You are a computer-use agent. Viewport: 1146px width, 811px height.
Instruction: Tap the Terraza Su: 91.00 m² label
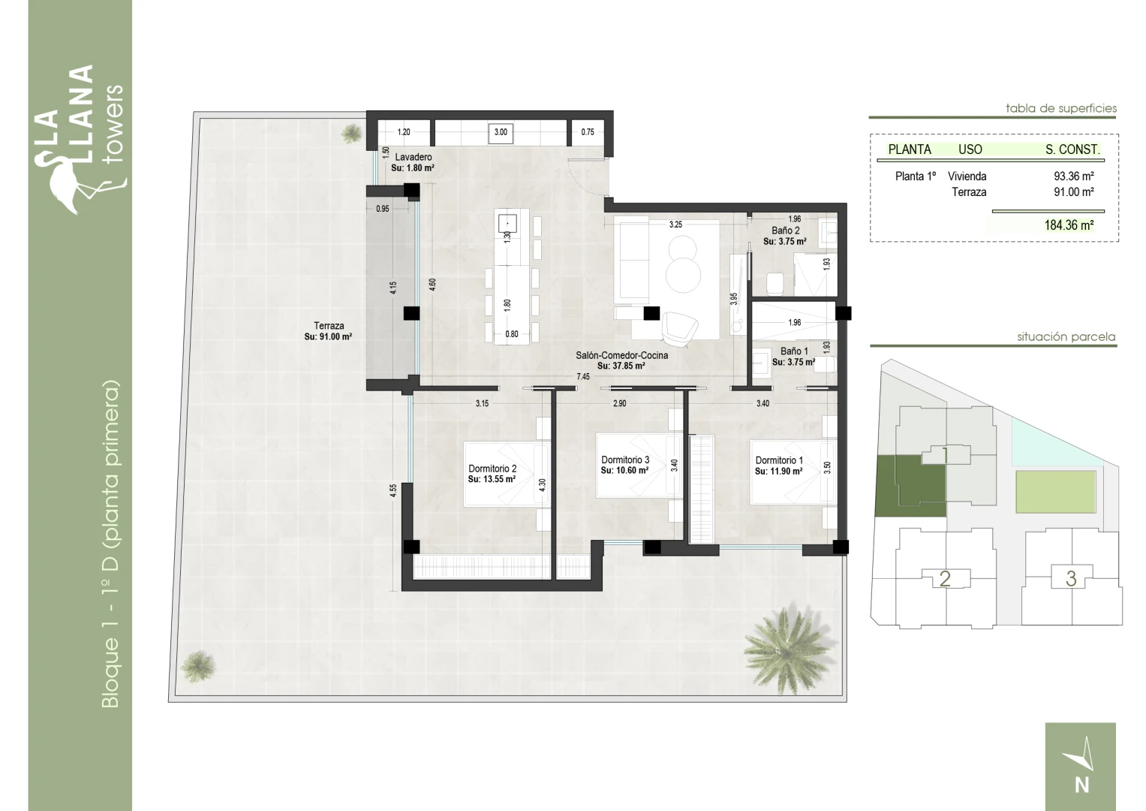(x=328, y=330)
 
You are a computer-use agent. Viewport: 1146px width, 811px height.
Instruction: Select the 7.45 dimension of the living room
(x=583, y=377)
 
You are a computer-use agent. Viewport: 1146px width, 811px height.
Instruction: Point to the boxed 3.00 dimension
(x=501, y=132)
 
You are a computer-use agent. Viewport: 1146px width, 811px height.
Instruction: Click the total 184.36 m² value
(x=1069, y=225)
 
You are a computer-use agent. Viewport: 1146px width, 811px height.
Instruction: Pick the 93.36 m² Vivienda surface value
(x=1073, y=176)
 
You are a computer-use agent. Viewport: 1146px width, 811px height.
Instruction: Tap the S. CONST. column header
(x=1072, y=149)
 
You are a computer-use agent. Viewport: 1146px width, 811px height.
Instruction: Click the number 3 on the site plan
(x=1071, y=578)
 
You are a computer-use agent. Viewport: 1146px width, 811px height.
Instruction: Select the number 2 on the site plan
(x=945, y=578)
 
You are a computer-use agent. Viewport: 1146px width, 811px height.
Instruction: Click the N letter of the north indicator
(x=1081, y=785)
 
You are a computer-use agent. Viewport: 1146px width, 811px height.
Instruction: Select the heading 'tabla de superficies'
(x=1060, y=109)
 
